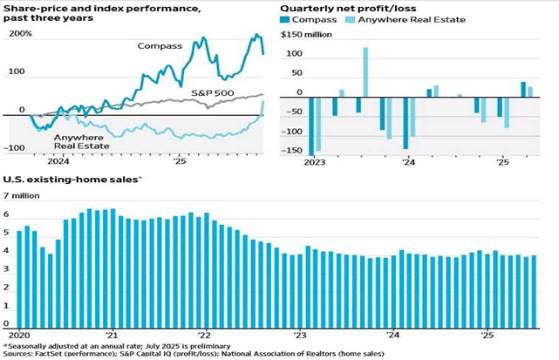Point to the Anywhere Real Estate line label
(x=81, y=142)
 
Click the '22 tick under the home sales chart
(x=204, y=335)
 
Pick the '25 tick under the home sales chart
(x=487, y=335)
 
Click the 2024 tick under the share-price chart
(x=58, y=162)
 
